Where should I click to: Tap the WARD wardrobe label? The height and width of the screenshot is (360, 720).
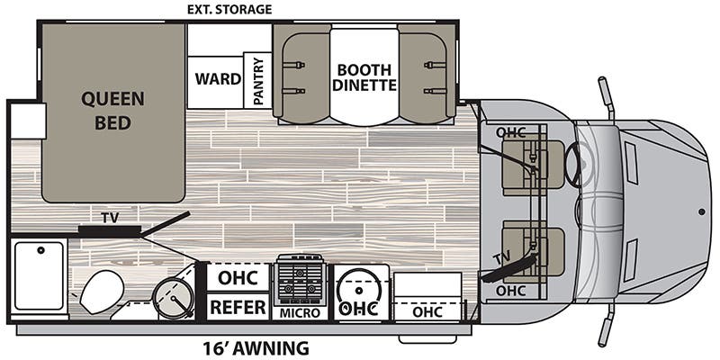219,79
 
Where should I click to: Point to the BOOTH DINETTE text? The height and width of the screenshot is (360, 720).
365,77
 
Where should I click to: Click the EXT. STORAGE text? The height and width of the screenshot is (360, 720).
228,10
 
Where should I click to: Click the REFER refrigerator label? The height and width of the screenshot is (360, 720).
238,307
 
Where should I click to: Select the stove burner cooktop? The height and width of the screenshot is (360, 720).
301,279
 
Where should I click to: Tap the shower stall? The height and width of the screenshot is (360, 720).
39,275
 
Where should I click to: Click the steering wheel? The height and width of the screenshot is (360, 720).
579,167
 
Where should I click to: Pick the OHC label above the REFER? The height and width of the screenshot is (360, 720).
238,277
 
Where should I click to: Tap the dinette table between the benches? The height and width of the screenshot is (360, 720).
365,76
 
